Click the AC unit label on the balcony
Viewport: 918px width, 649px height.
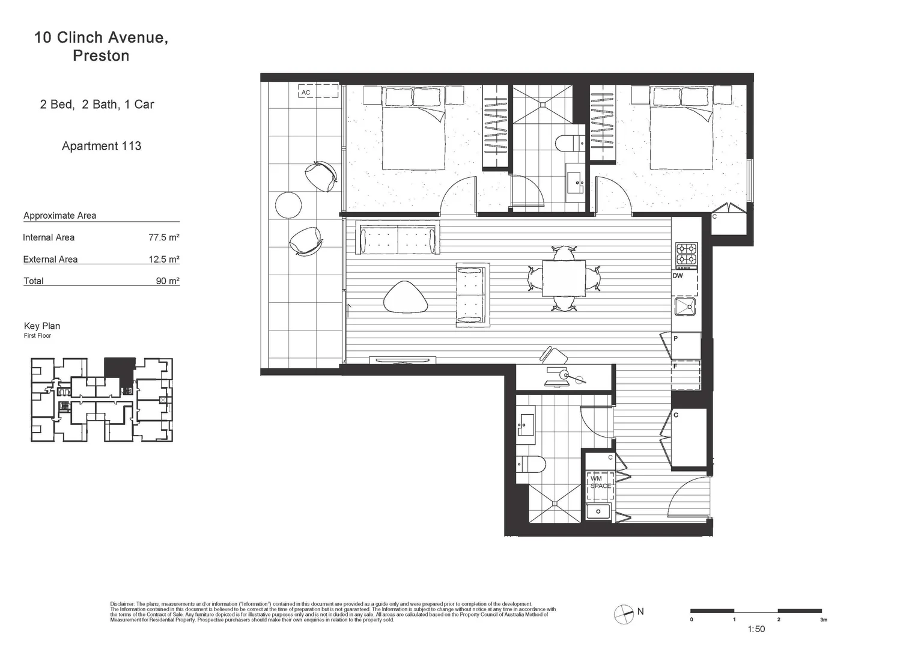click(x=306, y=93)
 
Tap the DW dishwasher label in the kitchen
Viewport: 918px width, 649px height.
click(x=678, y=276)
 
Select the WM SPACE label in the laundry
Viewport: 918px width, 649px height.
click(x=600, y=483)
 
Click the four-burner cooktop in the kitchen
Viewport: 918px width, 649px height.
click(x=686, y=254)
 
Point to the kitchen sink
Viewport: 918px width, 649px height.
click(x=685, y=306)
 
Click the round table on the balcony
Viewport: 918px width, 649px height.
click(x=288, y=205)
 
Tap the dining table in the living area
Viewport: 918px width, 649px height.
click(x=564, y=278)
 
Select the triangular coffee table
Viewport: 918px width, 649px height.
click(x=406, y=297)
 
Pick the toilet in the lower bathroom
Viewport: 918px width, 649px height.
click(x=531, y=465)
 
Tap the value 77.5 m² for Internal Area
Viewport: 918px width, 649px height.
click(x=163, y=237)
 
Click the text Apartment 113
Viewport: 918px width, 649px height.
click(x=102, y=146)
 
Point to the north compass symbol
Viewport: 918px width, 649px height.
click(x=624, y=614)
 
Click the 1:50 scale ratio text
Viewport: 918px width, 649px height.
click(x=756, y=629)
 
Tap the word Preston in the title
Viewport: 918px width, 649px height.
click(x=101, y=56)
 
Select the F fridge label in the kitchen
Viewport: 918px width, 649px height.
click(x=675, y=366)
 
